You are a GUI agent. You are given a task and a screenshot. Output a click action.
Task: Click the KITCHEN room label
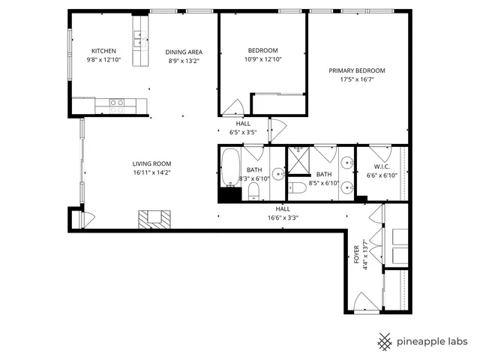point(103,50)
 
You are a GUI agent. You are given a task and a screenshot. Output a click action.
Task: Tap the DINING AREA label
point(184,52)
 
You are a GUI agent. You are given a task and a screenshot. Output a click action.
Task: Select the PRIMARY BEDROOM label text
point(351,70)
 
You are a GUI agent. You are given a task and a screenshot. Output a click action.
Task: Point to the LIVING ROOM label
point(152,163)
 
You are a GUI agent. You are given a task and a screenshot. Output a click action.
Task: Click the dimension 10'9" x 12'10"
point(263,59)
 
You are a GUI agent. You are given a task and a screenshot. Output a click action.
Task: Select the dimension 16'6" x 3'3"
point(283,218)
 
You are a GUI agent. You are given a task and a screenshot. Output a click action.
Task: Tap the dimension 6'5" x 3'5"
point(243,132)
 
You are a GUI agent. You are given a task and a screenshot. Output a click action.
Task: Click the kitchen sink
point(139,35)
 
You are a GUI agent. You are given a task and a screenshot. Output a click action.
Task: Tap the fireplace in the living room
point(154,218)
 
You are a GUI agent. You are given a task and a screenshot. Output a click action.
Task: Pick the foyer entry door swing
point(363,304)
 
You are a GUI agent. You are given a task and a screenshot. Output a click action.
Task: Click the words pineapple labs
point(433,340)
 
